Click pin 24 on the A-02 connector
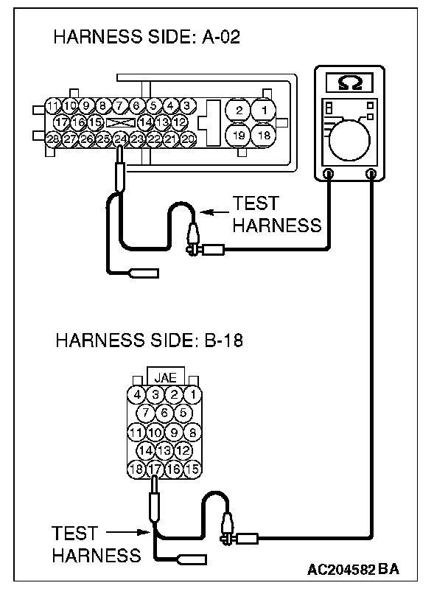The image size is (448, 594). (x=121, y=138)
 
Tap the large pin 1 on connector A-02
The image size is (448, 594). (x=263, y=111)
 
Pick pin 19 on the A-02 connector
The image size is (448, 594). (x=239, y=135)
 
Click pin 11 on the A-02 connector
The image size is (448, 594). (x=53, y=105)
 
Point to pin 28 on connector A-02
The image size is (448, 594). (x=53, y=138)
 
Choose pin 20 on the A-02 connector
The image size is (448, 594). (x=188, y=138)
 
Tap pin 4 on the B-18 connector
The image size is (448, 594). (x=137, y=394)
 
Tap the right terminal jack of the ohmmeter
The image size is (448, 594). (x=372, y=174)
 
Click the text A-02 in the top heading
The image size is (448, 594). (x=223, y=39)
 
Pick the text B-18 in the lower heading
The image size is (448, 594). (x=220, y=341)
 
